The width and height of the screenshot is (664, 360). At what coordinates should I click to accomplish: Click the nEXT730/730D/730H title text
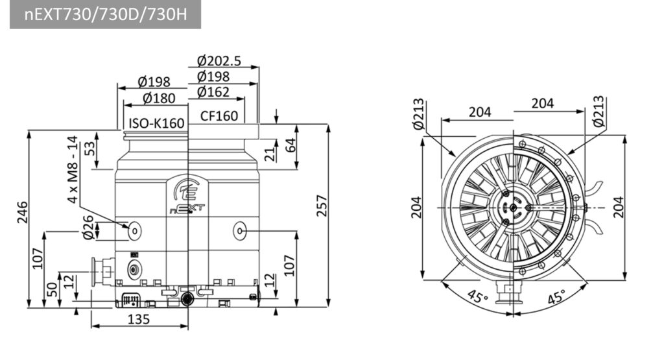106,14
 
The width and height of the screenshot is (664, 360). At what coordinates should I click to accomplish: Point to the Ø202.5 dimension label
219,61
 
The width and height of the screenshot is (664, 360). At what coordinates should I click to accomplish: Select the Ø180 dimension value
159,98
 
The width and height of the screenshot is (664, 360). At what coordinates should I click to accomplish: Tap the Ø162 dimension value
213,92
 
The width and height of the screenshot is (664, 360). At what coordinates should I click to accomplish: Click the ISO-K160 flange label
157,123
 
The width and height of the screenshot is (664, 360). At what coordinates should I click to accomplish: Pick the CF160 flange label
219,115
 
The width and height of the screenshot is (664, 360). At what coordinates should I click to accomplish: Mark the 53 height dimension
90,149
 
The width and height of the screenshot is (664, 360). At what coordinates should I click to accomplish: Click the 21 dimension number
270,154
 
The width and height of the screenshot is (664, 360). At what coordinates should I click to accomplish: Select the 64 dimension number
290,145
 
